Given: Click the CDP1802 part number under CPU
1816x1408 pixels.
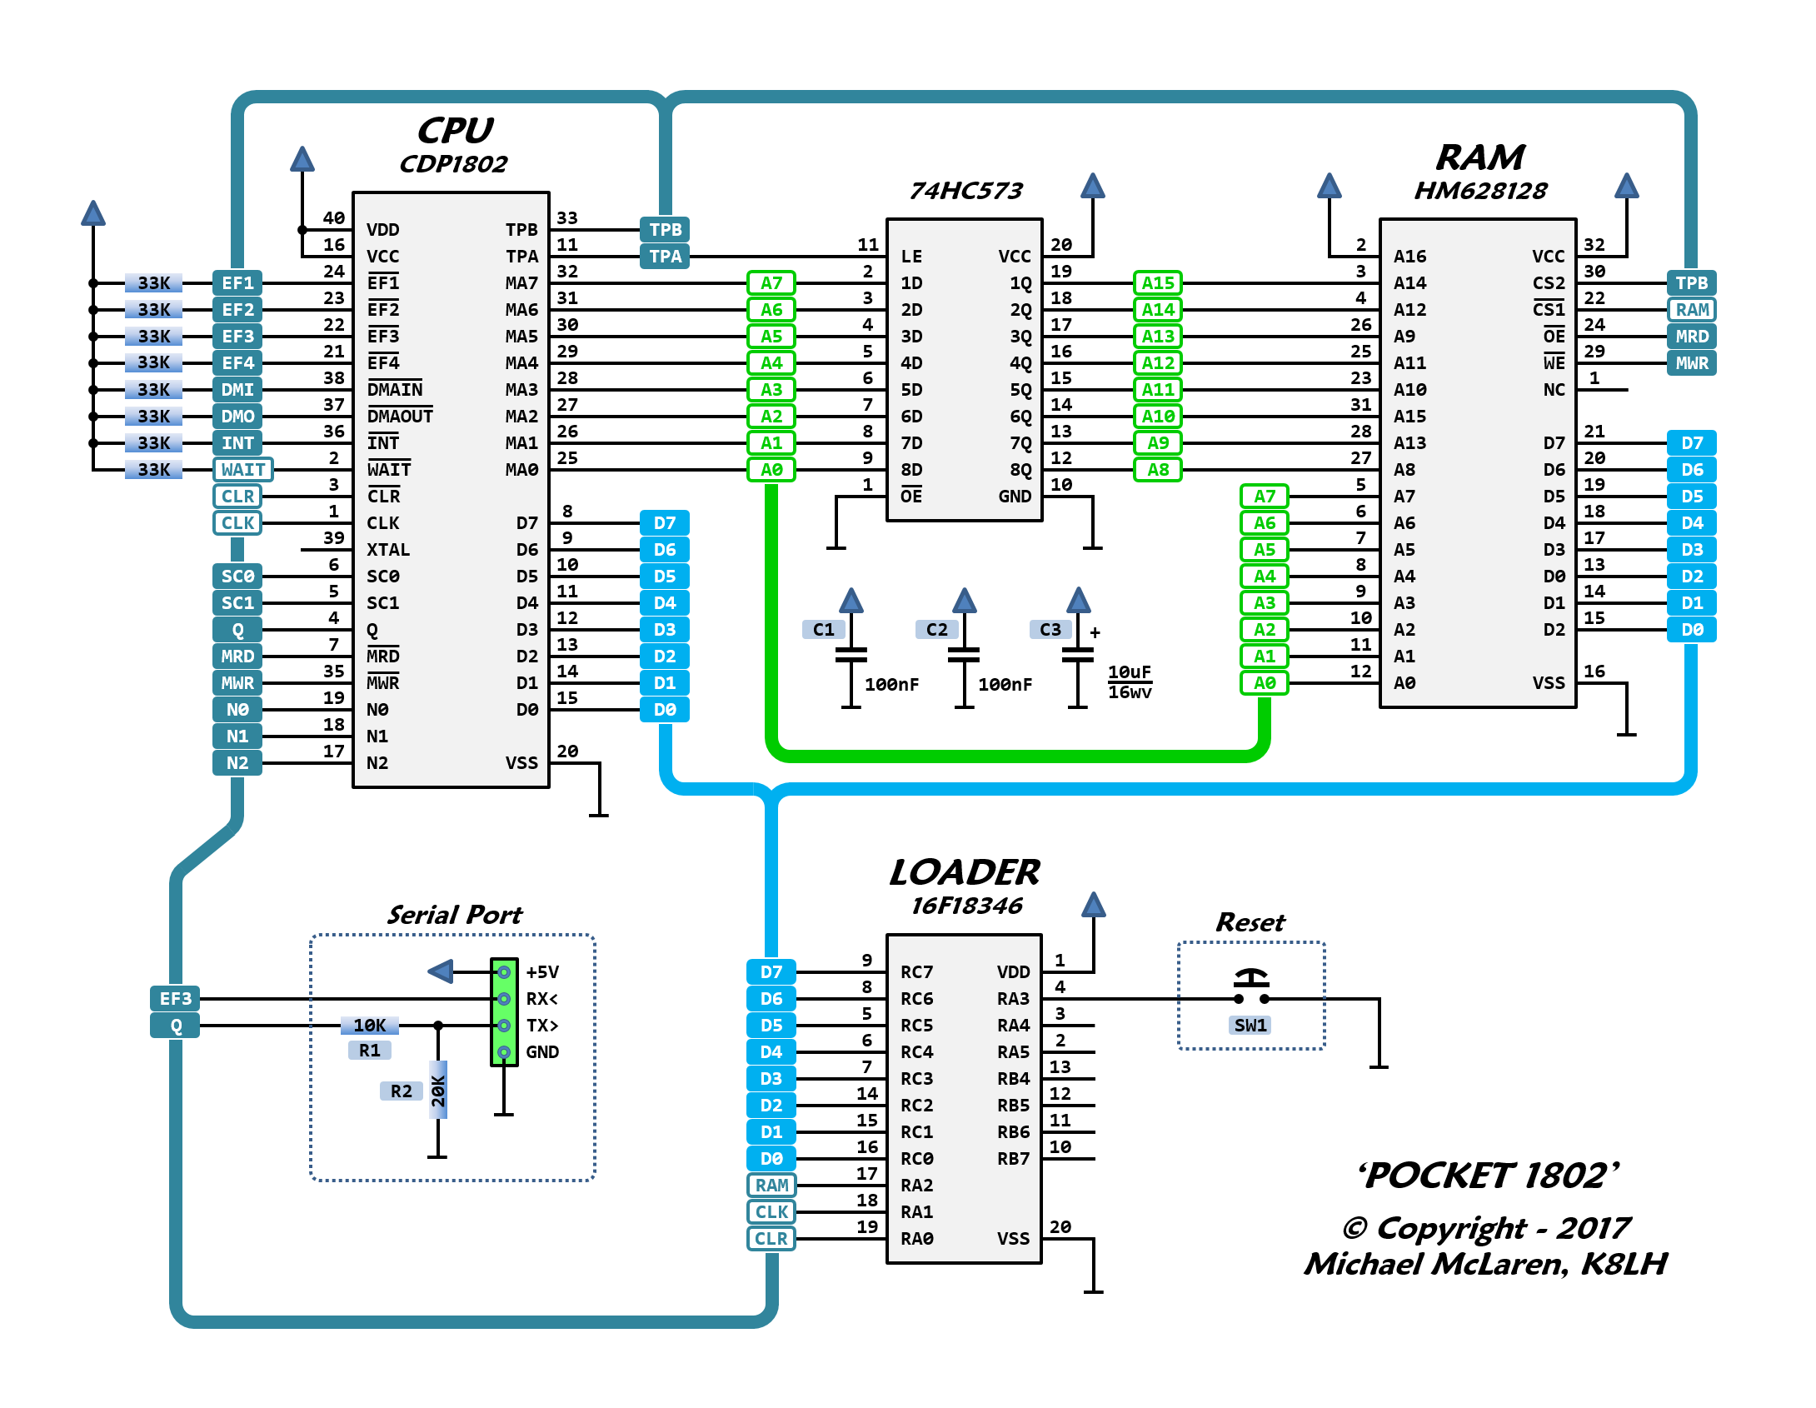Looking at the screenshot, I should [x=453, y=164].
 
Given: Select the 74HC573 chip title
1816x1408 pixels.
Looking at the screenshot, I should [x=965, y=191].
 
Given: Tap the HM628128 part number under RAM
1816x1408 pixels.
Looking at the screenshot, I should [x=1480, y=191].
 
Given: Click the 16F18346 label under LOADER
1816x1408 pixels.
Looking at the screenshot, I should [x=966, y=906].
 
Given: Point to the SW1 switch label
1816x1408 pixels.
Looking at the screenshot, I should [x=1250, y=1026].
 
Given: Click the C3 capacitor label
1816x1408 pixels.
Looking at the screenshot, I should [x=1050, y=630].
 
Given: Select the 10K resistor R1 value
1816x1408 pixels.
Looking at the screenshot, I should [x=369, y=1026].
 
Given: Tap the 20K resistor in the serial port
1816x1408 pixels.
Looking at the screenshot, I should [x=438, y=1090].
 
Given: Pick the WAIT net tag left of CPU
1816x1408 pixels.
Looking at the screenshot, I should [x=242, y=470].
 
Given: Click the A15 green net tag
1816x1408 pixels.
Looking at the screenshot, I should [x=1158, y=283].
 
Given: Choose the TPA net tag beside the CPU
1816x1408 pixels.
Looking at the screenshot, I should [x=665, y=257].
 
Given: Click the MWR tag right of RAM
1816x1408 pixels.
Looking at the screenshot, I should [x=1692, y=363].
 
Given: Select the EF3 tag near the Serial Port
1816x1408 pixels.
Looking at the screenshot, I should [x=175, y=999].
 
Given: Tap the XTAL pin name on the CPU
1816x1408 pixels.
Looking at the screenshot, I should [x=388, y=550].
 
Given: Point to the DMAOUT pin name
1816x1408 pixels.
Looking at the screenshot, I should [x=400, y=417].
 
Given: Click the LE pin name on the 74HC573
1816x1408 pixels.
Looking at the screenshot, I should [x=911, y=257].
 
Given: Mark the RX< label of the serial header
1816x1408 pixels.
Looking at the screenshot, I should [x=542, y=999].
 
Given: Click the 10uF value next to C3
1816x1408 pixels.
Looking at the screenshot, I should [x=1129, y=672].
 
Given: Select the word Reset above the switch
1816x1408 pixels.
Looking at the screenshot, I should [x=1250, y=923].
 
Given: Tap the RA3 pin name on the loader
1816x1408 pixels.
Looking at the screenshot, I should [x=1013, y=999].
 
